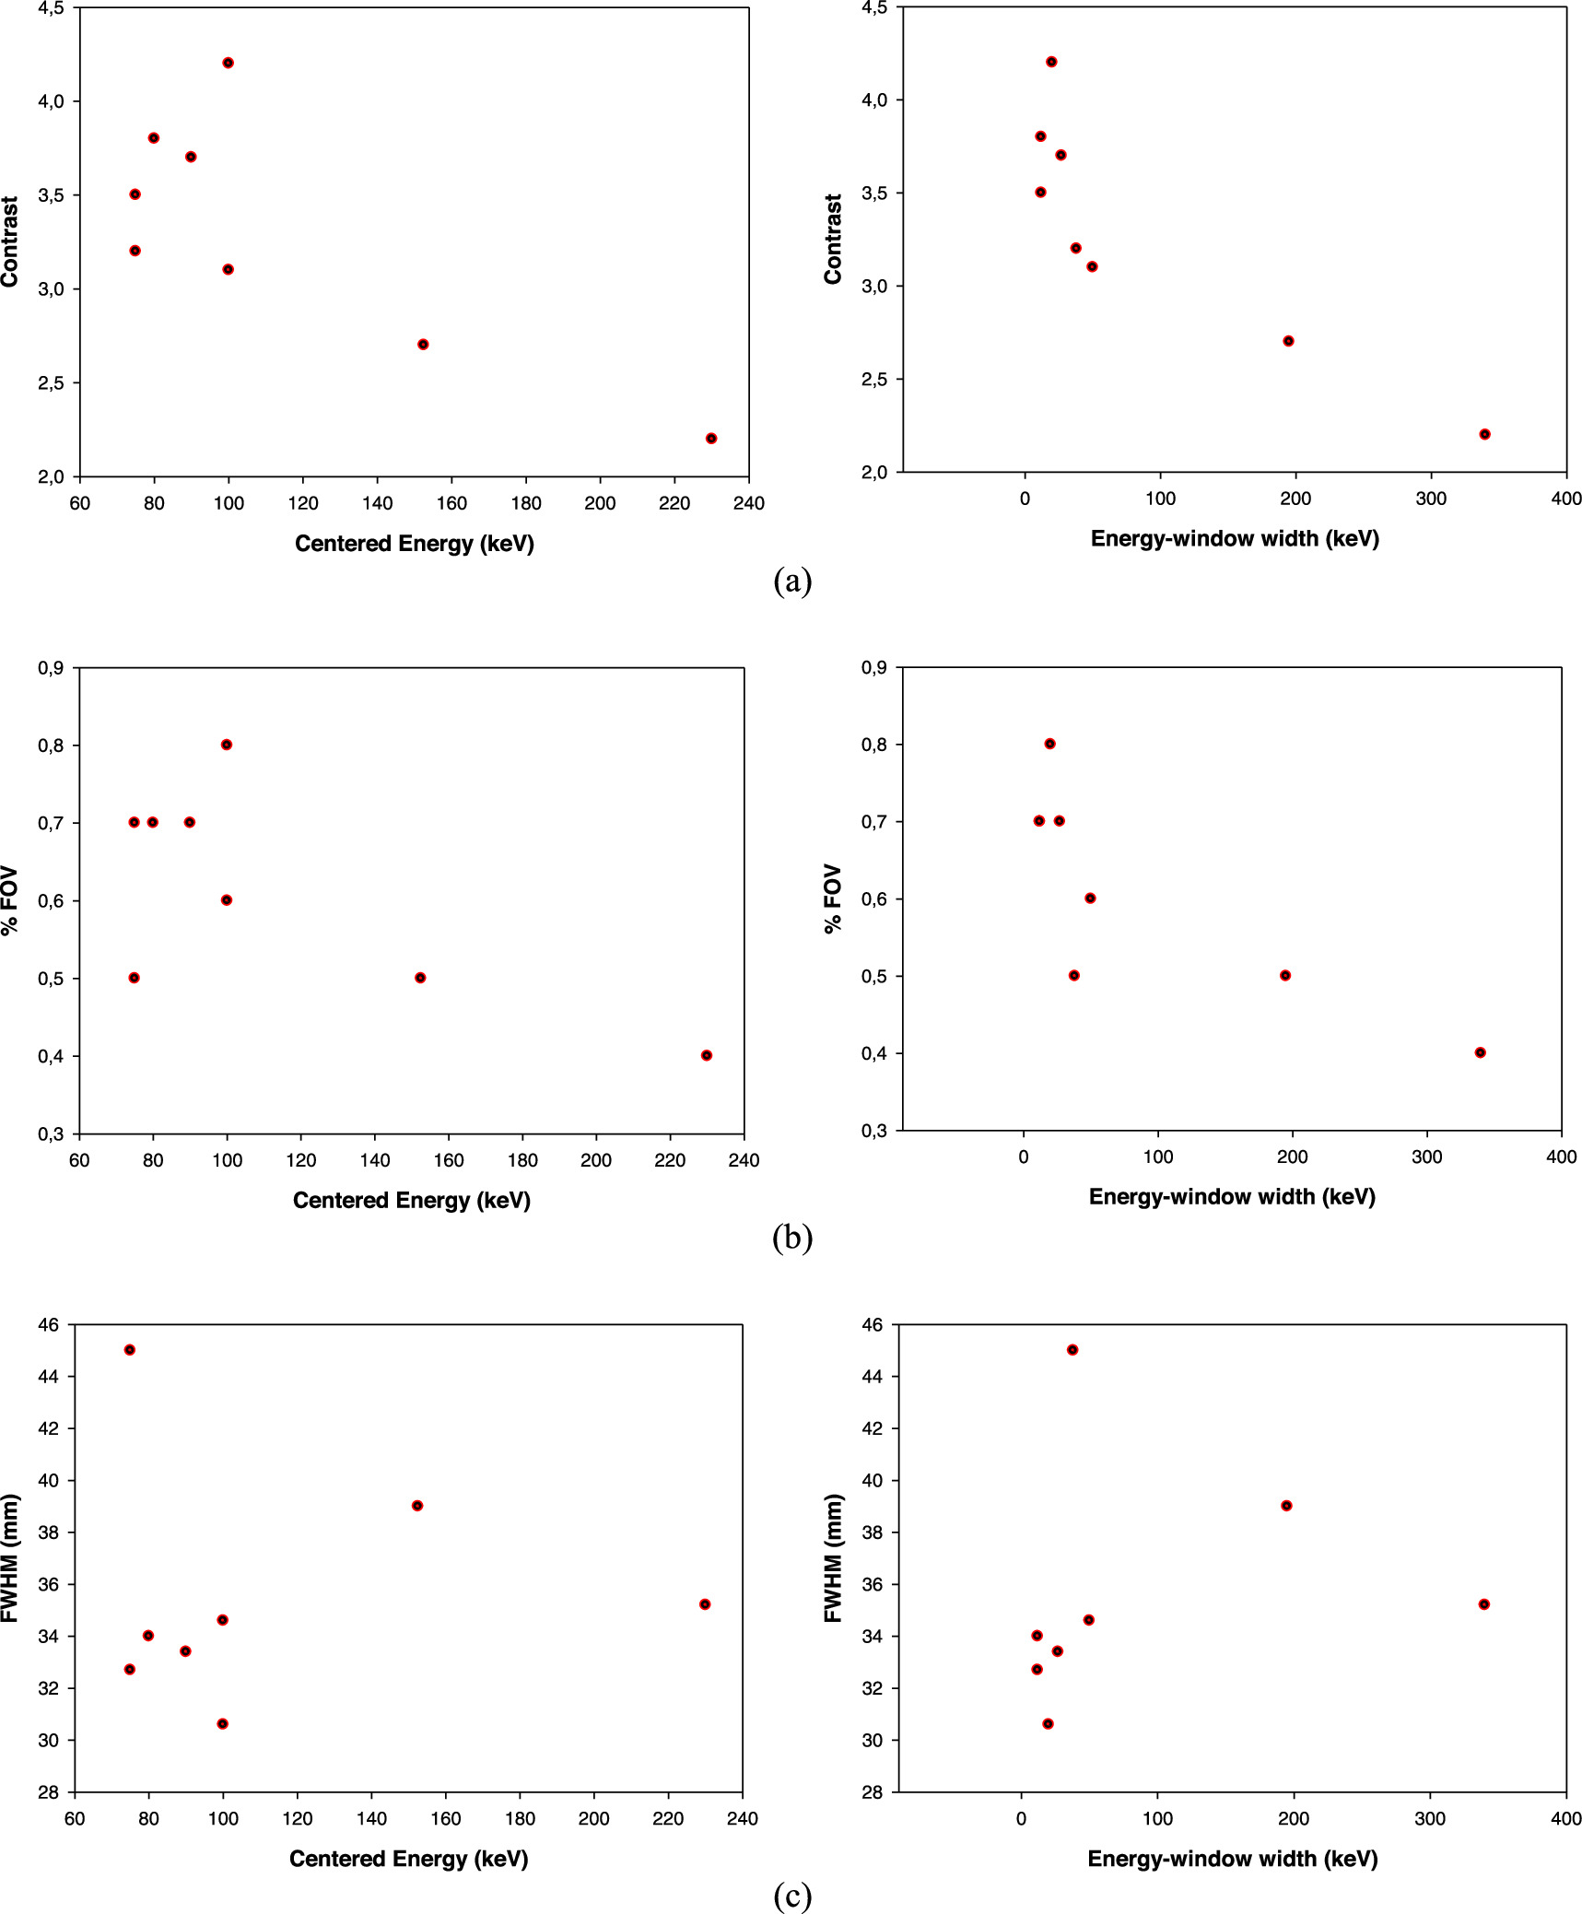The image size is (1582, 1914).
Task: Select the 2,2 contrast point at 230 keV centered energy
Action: pos(711,439)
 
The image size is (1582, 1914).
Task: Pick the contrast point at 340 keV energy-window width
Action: pos(1484,434)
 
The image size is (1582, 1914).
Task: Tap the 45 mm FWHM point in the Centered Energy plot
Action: pos(130,1350)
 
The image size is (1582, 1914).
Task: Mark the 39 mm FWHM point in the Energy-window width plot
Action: pos(1286,1506)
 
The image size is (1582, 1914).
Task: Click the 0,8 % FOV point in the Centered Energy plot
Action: pos(227,745)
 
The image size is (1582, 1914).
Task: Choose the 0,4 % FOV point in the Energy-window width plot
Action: pos(1480,1052)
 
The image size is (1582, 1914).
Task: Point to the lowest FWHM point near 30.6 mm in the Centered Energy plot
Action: pos(222,1724)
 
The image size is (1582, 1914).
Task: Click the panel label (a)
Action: pos(792,581)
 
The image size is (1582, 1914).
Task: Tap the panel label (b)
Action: pos(792,1238)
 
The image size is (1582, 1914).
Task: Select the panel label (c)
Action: pos(792,1895)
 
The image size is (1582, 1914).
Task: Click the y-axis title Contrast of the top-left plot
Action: pos(10,241)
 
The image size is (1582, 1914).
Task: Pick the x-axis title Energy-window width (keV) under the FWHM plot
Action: pos(1232,1859)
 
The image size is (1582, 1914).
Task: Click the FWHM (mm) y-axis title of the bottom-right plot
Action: pos(833,1558)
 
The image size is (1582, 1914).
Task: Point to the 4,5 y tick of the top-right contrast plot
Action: pos(873,8)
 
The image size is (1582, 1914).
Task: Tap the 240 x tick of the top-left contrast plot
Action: pos(748,503)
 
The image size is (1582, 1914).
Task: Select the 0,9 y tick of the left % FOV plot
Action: pos(51,668)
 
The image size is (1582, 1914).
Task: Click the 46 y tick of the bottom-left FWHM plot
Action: pos(47,1325)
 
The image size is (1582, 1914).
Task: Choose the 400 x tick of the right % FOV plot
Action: pos(1561,1157)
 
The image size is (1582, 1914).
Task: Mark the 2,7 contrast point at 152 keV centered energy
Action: pos(423,345)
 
